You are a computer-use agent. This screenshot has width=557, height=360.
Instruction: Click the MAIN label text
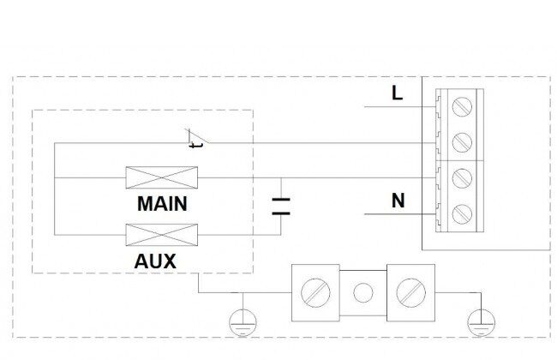[x=162, y=204]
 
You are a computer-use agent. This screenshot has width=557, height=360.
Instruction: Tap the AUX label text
[x=155, y=261]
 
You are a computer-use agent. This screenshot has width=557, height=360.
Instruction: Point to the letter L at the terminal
[x=397, y=93]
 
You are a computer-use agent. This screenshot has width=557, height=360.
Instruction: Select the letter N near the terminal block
[x=398, y=201]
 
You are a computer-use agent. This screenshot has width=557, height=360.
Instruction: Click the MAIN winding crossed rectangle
[x=162, y=177]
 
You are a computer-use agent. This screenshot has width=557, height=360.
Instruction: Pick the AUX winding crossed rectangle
[x=162, y=235]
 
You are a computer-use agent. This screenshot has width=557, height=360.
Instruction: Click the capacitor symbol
[x=281, y=207]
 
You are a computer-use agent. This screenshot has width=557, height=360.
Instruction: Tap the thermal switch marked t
[x=196, y=139]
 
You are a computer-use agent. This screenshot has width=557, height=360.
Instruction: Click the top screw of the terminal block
[x=462, y=106]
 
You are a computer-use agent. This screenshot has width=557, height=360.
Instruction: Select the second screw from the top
[x=462, y=142]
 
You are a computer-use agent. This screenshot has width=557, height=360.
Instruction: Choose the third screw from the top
[x=462, y=178]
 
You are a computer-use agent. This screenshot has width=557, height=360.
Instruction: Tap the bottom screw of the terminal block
[x=462, y=214]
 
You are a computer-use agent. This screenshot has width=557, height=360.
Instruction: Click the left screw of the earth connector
[x=315, y=293]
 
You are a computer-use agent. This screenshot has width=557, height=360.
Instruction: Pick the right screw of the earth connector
[x=411, y=293]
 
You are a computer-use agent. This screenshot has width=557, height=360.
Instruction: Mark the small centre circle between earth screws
[x=363, y=293]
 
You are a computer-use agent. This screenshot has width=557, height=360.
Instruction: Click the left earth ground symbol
[x=243, y=322]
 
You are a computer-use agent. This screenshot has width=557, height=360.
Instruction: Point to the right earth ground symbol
[x=482, y=322]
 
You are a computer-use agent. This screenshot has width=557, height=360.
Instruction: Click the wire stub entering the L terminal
[x=400, y=106]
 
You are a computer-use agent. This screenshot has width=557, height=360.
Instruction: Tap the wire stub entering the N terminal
[x=400, y=214]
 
